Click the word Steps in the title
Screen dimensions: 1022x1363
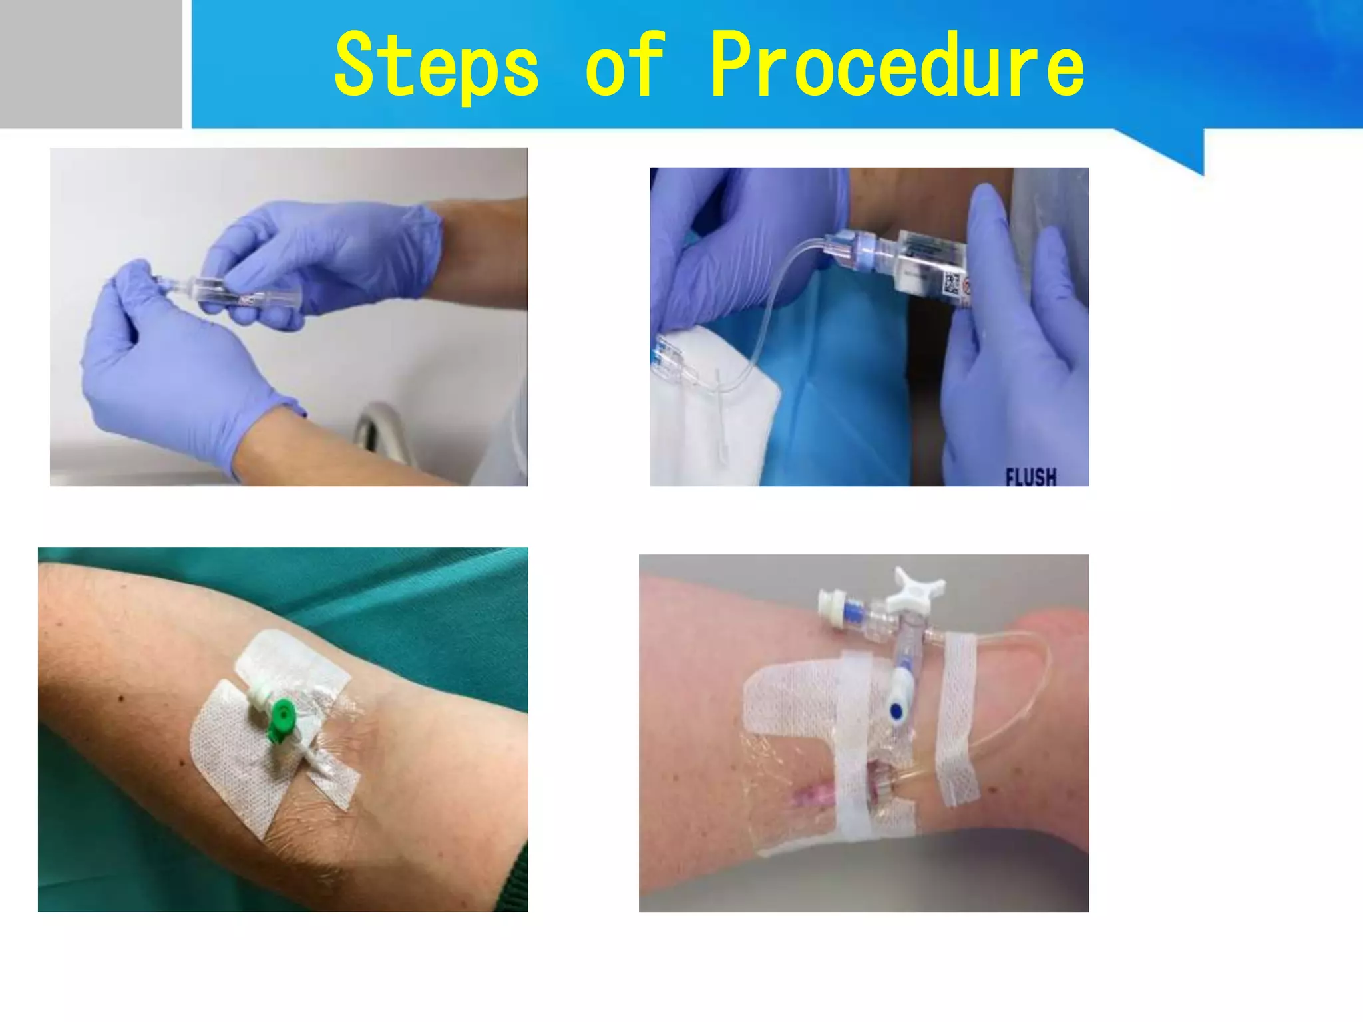(436, 65)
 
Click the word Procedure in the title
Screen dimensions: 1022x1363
(896, 65)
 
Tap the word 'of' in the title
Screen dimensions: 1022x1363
(624, 65)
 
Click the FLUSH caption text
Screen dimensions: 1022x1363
(1030, 476)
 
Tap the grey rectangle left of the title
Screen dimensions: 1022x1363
(91, 64)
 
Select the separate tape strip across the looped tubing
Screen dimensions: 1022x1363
(958, 719)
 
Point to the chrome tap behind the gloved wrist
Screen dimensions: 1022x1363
(376, 426)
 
